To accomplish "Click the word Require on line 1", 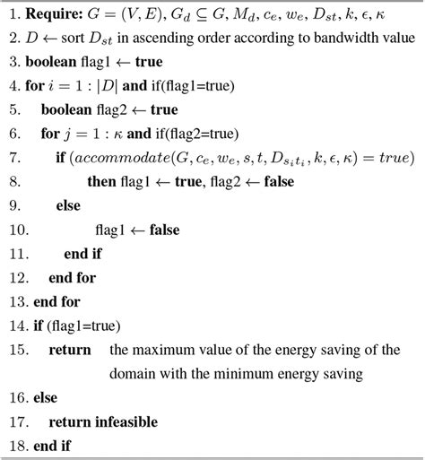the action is [x=52, y=15].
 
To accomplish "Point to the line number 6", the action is [x=12, y=134].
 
